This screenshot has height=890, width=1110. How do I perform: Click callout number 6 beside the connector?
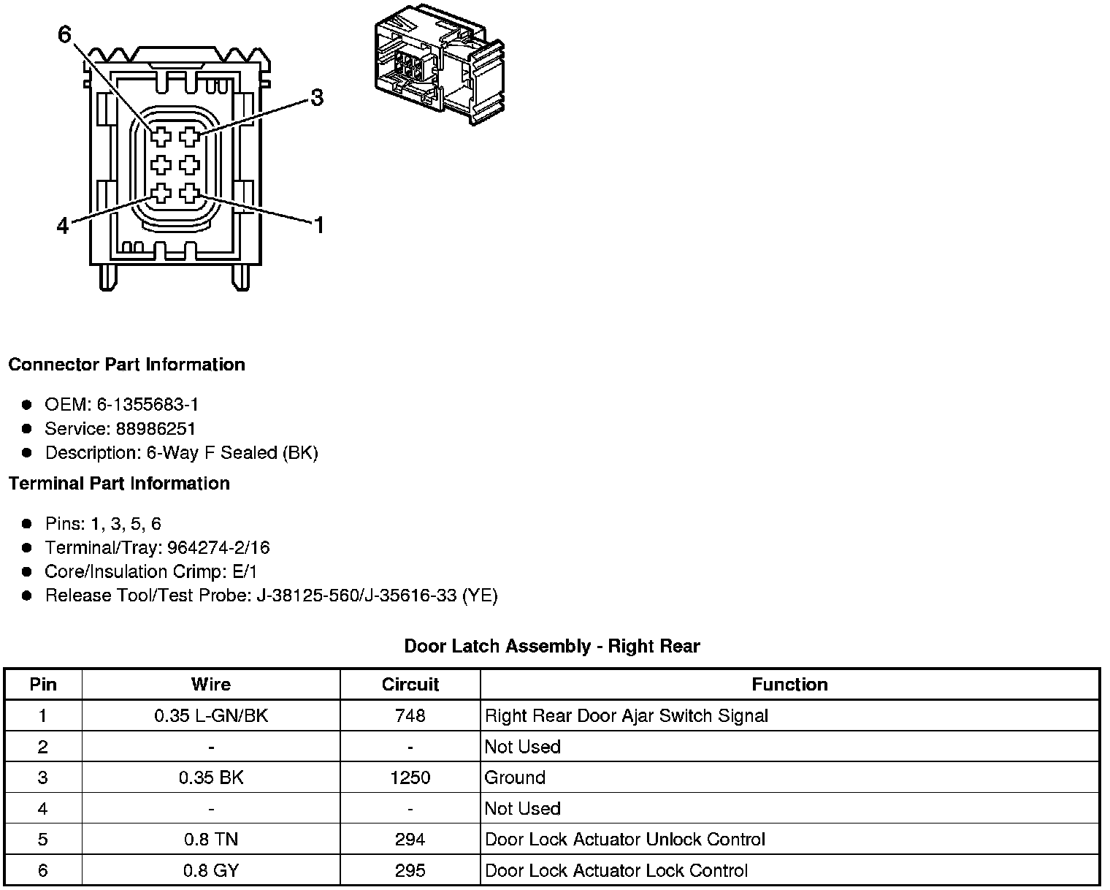(x=64, y=34)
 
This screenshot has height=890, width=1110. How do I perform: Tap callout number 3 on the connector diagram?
(x=317, y=97)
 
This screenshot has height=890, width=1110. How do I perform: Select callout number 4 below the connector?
(x=63, y=226)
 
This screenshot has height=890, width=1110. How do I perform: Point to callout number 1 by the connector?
(x=319, y=225)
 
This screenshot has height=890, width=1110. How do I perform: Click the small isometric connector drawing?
(x=440, y=64)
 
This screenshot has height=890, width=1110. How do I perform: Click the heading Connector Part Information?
(x=127, y=365)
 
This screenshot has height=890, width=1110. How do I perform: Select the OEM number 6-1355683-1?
(x=148, y=404)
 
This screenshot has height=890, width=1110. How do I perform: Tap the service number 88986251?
(x=156, y=428)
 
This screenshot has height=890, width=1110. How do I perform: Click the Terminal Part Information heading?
(x=119, y=483)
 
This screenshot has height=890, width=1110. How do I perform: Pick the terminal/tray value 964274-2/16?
(x=218, y=547)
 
